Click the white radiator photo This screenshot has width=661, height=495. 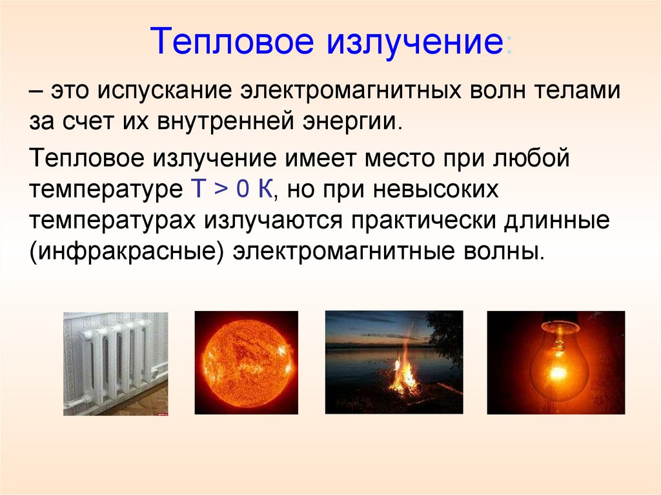click(x=116, y=363)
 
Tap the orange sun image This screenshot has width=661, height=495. click(x=246, y=362)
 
